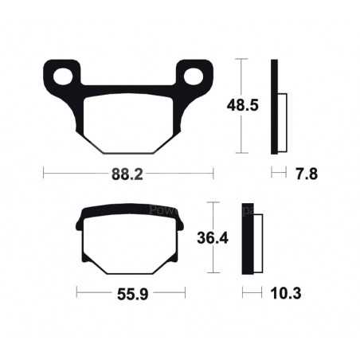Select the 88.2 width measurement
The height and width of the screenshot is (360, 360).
(128, 172)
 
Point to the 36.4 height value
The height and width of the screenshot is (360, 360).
(210, 237)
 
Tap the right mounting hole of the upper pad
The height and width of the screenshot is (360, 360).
(194, 76)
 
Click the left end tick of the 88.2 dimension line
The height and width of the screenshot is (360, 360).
(44, 172)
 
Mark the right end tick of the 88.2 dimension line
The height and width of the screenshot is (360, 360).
(213, 172)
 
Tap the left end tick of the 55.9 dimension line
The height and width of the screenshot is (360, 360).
(76, 293)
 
